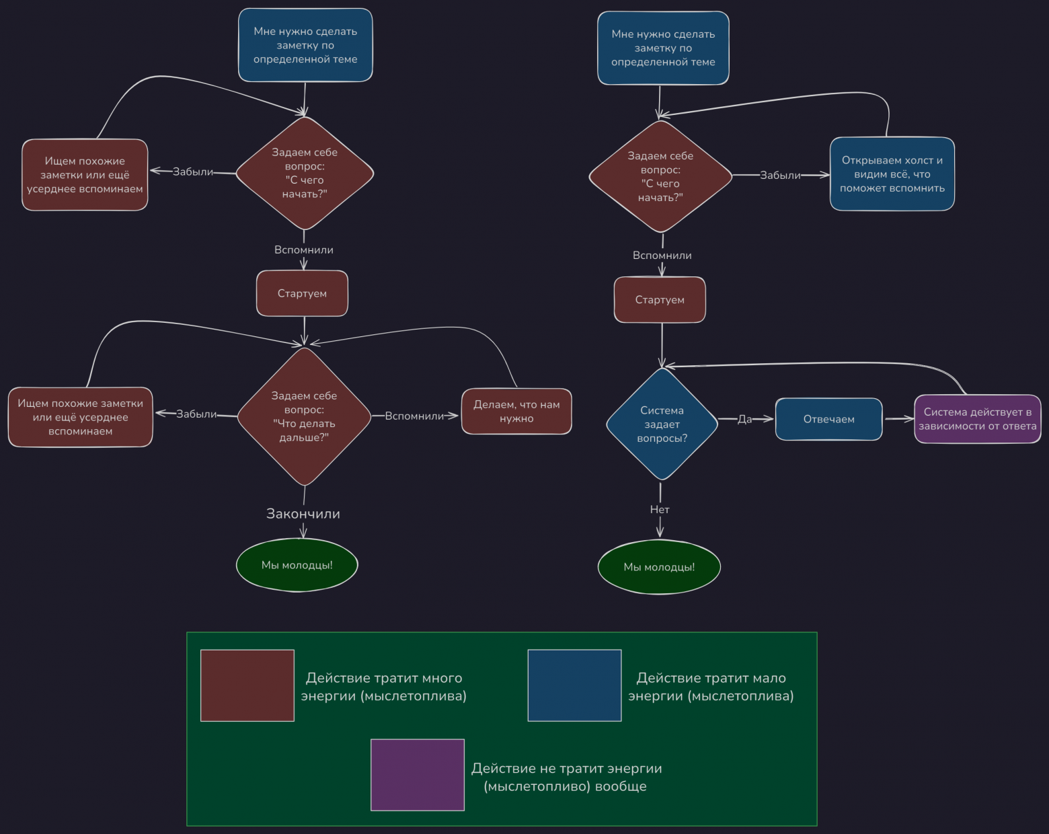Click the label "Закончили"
(x=303, y=514)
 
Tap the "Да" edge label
(x=744, y=419)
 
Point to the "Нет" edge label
(x=660, y=510)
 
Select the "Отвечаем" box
(x=828, y=420)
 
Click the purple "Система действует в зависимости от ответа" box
(x=977, y=419)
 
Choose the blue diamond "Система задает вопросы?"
(x=662, y=424)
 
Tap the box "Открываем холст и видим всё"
(x=892, y=174)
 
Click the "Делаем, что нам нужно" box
(x=516, y=412)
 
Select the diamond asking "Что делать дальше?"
(x=304, y=417)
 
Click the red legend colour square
(x=247, y=685)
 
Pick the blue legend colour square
(x=574, y=685)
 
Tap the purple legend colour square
(x=418, y=775)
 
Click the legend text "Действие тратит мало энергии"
(x=711, y=687)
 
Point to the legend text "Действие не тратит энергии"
(x=566, y=777)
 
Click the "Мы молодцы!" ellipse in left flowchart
(x=297, y=565)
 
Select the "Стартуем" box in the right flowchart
(x=660, y=300)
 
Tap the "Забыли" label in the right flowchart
(x=780, y=176)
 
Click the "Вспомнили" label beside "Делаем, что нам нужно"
(x=414, y=416)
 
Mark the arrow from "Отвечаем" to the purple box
(x=898, y=419)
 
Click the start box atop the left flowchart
(x=305, y=45)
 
